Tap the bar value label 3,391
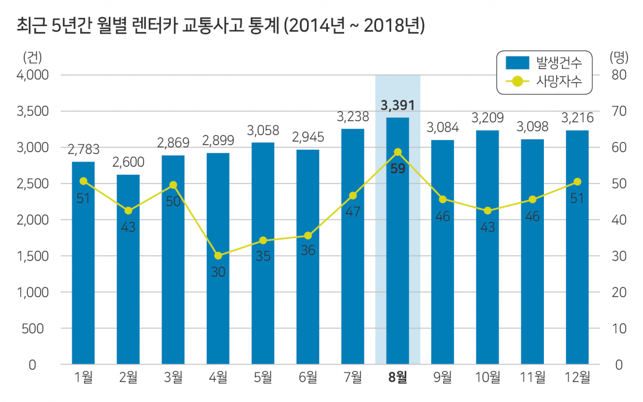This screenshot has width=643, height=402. click(397, 105)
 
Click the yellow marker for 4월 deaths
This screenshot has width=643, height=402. click(218, 256)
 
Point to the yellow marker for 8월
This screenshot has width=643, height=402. click(397, 152)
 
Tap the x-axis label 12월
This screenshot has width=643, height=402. click(577, 377)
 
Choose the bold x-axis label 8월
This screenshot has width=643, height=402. click(397, 377)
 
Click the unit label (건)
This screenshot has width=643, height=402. click(32, 56)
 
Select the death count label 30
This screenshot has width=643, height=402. click(218, 272)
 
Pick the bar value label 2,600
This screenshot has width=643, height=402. click(128, 161)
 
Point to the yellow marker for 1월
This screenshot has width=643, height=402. click(83, 181)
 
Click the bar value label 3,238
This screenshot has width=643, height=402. click(352, 116)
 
